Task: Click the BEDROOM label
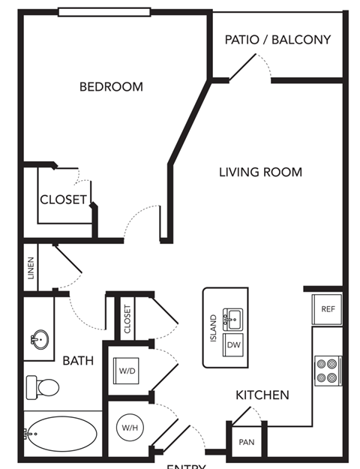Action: (111, 87)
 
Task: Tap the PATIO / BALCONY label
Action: (277, 40)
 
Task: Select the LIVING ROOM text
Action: (260, 173)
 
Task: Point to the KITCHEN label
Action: (262, 395)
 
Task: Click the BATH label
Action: (78, 361)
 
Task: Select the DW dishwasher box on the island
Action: (233, 344)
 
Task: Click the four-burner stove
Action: (327, 369)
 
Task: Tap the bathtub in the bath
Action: (61, 433)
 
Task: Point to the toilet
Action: (43, 387)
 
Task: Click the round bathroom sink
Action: (40, 339)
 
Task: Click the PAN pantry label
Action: (247, 443)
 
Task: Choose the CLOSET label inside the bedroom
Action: (63, 200)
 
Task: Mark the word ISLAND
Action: (214, 329)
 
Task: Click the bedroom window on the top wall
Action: (104, 12)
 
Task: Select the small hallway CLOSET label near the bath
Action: (127, 318)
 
